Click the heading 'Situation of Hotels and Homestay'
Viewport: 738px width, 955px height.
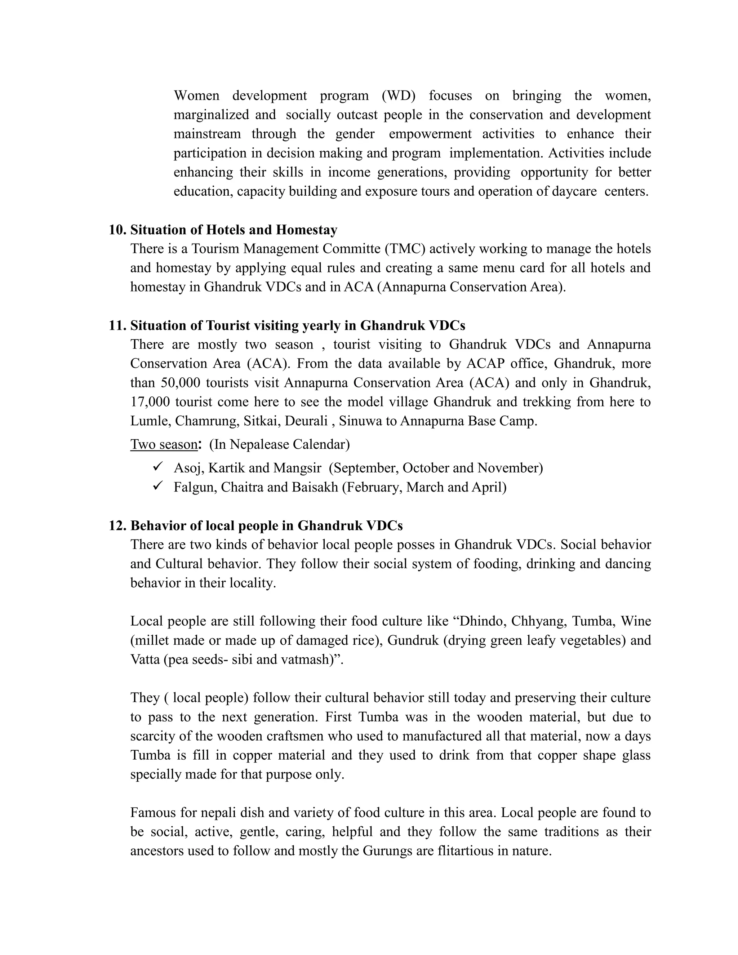[x=234, y=230]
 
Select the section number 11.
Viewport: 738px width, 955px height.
[x=117, y=325]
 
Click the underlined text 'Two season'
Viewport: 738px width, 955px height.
[x=164, y=444]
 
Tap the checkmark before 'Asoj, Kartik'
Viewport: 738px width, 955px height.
[x=158, y=467]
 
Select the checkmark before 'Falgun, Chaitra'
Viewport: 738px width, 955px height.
[x=158, y=486]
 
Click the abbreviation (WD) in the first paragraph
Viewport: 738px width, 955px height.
[x=398, y=95]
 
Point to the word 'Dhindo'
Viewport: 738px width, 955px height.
[x=480, y=621]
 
